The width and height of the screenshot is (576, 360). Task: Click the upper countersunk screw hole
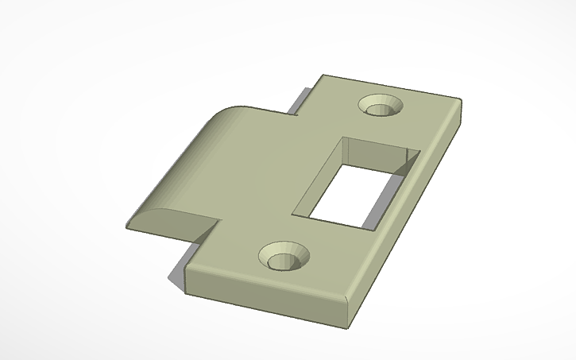[x=381, y=105]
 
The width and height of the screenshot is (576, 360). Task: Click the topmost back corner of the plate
[x=323, y=76]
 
